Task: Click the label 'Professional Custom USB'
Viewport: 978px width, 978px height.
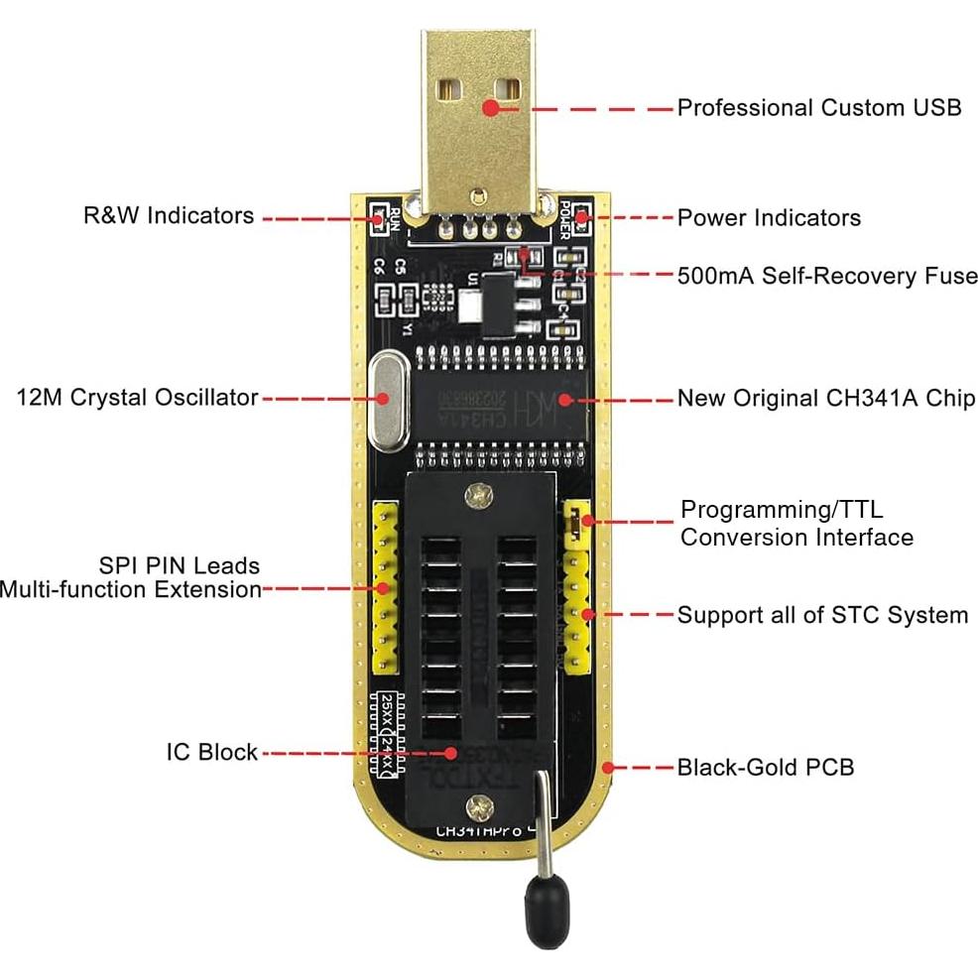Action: (x=819, y=107)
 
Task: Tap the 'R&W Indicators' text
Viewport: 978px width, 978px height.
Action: (x=169, y=215)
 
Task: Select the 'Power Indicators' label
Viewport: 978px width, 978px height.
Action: (x=769, y=217)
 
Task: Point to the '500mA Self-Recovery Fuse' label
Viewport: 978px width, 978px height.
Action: (x=826, y=276)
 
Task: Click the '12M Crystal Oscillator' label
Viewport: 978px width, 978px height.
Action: (x=137, y=398)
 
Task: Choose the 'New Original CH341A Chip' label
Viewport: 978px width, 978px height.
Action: (x=825, y=399)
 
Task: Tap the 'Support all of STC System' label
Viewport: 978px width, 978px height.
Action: (x=822, y=615)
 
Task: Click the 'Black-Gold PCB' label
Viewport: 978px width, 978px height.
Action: (x=765, y=767)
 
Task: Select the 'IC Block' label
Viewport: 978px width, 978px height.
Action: (x=211, y=752)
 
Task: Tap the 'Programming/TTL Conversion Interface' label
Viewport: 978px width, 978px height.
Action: (x=795, y=524)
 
